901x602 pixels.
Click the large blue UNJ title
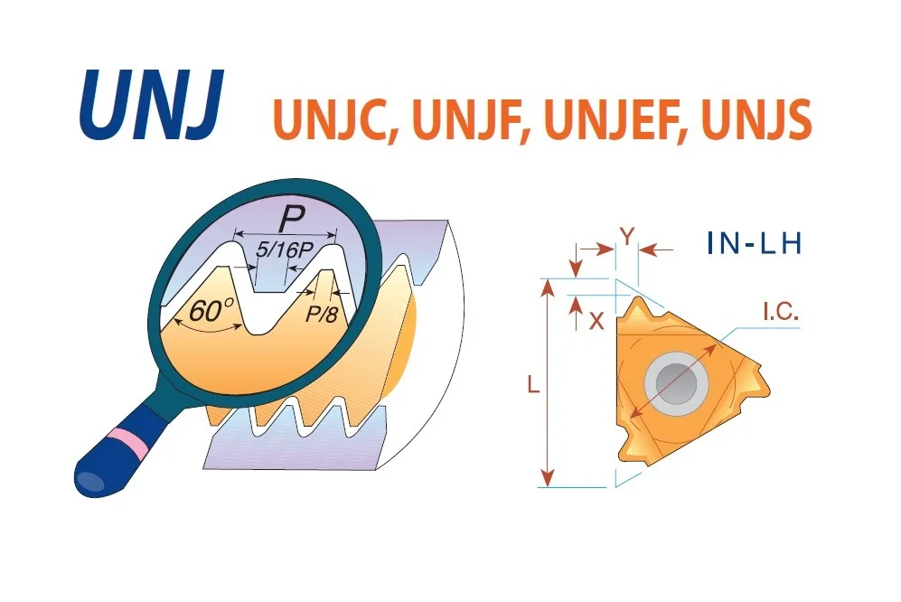[x=151, y=105]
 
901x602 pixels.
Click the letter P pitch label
[x=291, y=219]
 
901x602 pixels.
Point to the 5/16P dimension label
[x=284, y=249]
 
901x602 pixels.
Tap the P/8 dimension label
[x=321, y=314]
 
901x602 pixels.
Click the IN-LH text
[x=754, y=243]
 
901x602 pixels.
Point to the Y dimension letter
[x=627, y=235]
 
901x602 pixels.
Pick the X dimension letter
[x=597, y=322]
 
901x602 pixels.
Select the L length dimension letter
[x=533, y=384]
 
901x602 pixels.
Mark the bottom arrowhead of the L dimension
[x=549, y=476]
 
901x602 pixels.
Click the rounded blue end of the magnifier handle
[x=92, y=479]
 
